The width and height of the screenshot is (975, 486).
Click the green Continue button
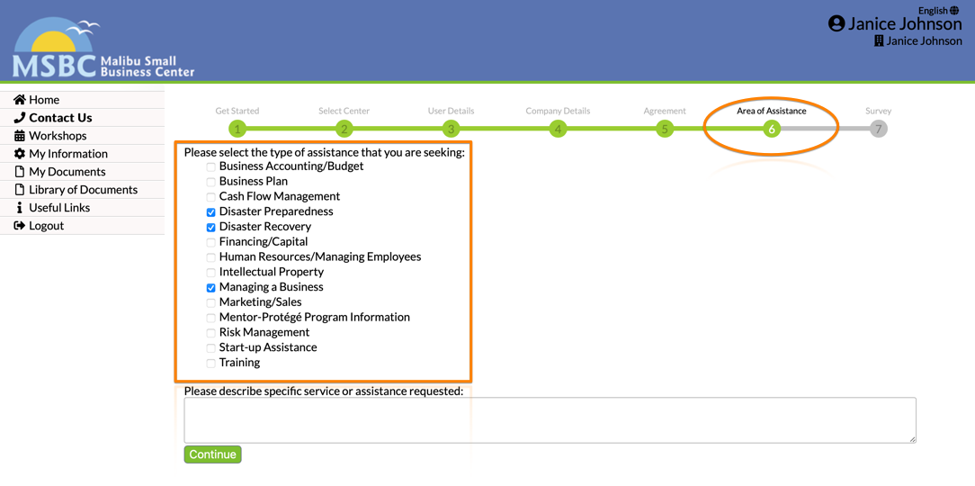(212, 454)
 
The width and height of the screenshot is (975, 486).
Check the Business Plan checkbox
(211, 182)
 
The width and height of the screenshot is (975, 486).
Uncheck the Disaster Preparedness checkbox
(211, 212)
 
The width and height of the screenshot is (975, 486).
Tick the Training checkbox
(211, 364)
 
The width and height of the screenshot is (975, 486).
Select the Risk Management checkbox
(211, 333)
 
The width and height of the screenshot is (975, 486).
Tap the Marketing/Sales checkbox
(211, 302)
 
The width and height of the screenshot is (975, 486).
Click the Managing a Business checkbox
(211, 288)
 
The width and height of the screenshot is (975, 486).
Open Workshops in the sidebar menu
(58, 136)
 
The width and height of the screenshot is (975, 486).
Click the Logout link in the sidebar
(46, 226)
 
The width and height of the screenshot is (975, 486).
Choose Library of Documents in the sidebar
(83, 190)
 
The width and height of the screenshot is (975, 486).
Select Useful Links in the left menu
(59, 208)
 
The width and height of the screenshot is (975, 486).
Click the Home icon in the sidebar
(20, 100)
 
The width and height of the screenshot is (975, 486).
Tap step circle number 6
(771, 129)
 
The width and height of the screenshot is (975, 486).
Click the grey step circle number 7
(878, 129)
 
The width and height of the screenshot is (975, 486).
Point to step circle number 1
(237, 129)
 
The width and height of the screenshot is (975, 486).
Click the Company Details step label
(558, 111)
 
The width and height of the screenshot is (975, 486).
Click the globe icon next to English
(954, 11)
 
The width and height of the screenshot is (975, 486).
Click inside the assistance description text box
(550, 419)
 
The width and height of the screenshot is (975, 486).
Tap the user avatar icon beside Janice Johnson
(836, 23)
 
